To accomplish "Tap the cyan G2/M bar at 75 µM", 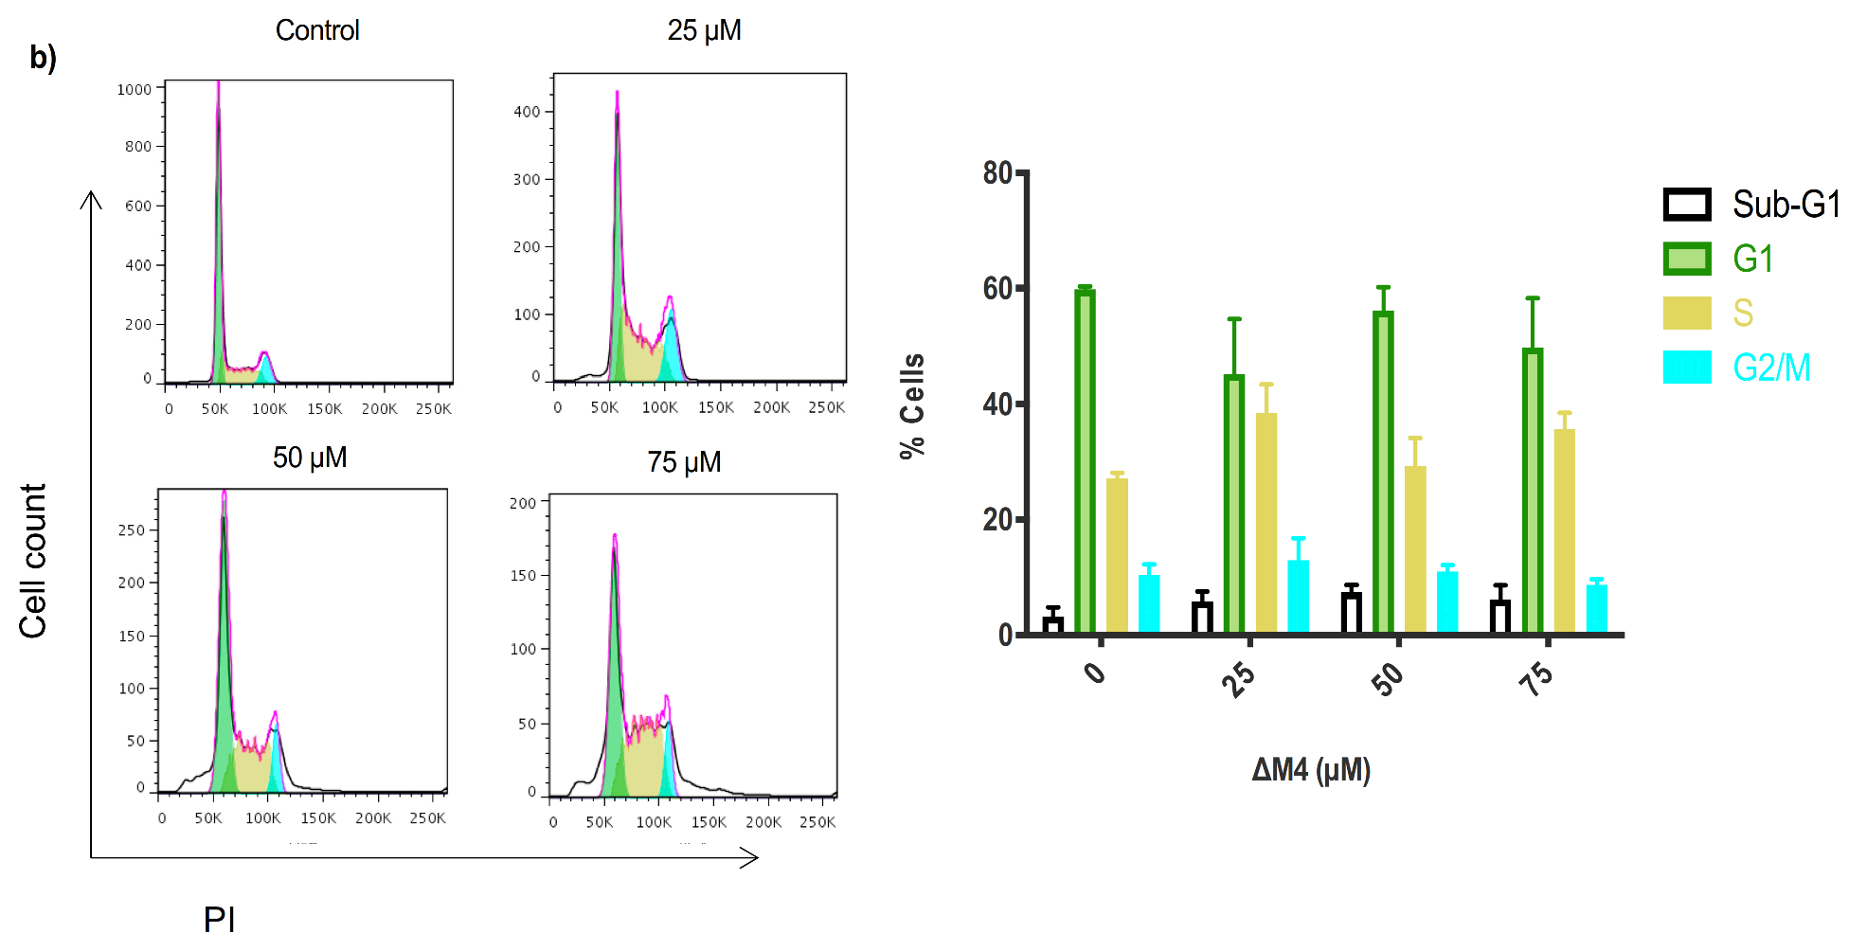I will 1596,609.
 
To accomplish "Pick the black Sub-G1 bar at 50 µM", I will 1352,613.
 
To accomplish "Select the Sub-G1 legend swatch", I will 1687,205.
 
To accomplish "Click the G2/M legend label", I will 1771,368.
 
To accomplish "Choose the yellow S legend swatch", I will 1687,313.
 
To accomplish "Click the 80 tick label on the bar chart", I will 997,172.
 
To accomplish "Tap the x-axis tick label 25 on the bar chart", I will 1238,678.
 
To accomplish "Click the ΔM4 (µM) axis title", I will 1311,769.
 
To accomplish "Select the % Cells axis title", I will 911,405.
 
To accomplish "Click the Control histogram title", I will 317,30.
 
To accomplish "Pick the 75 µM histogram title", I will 684,462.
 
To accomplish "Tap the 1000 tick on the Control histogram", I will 134,90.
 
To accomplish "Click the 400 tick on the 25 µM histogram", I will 527,112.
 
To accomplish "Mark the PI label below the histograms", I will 219,919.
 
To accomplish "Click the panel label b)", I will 43,58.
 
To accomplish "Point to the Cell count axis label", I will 33,561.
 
